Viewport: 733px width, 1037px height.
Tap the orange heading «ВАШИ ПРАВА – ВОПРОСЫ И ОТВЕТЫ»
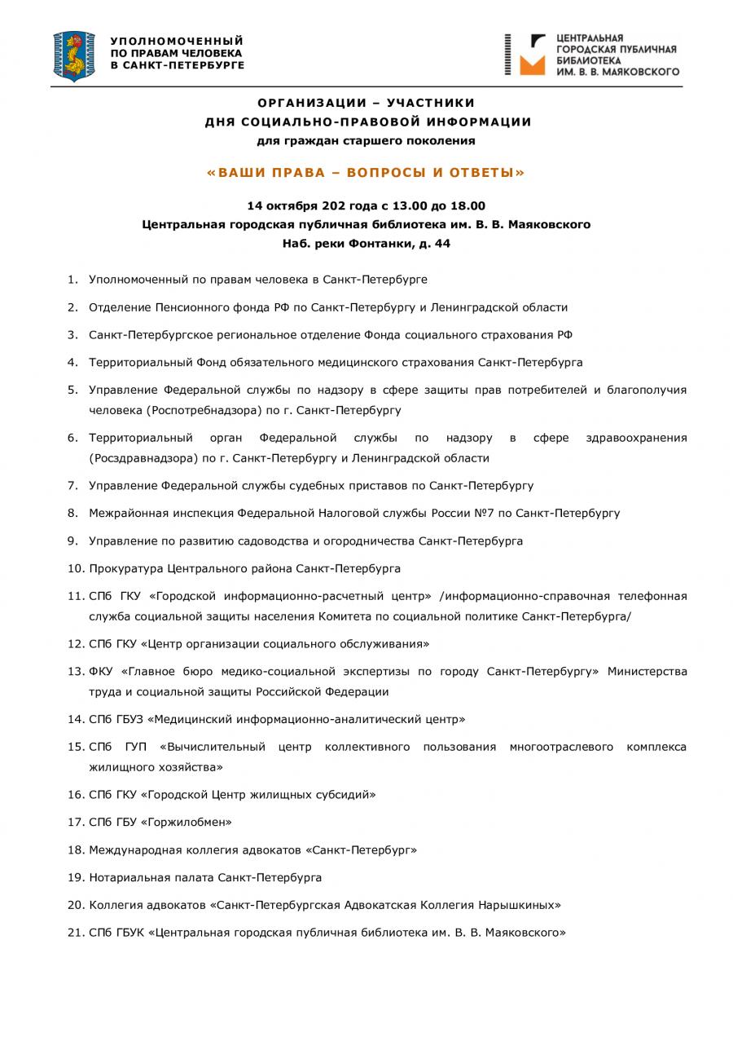(366, 173)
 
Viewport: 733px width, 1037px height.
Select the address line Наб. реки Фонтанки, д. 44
(366, 244)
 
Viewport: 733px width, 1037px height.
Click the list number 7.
(72, 486)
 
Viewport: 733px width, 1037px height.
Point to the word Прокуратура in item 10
(125, 569)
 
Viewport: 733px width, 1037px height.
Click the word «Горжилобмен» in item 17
(187, 822)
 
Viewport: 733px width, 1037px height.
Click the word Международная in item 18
(134, 849)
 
